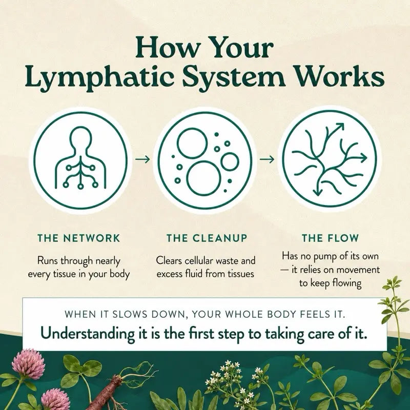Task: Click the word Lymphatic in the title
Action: pos(99,78)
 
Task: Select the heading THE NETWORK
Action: pos(79,238)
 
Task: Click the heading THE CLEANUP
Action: pos(207,238)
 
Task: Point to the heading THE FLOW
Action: pos(330,238)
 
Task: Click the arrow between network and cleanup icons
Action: pos(142,159)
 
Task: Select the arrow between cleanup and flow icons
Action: pos(267,159)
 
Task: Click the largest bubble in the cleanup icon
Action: pos(203,178)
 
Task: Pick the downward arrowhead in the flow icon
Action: pos(317,192)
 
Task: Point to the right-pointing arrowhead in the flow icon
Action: pos(363,158)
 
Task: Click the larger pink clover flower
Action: pos(28,364)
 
